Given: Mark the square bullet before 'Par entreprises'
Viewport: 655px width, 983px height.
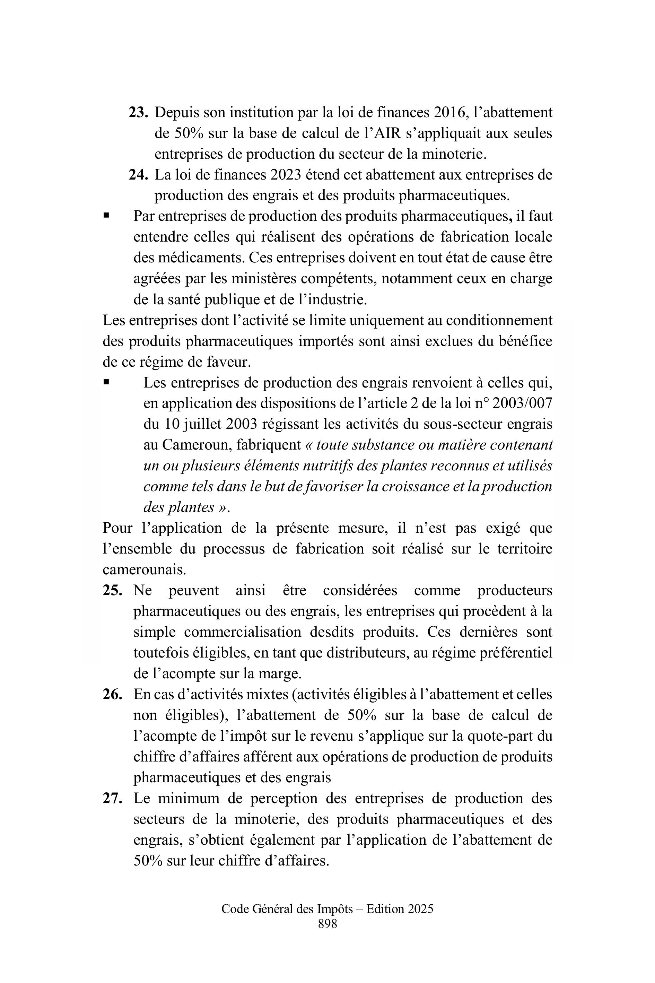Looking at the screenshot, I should (x=106, y=216).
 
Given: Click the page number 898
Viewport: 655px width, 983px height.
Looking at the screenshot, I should (x=327, y=924).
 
